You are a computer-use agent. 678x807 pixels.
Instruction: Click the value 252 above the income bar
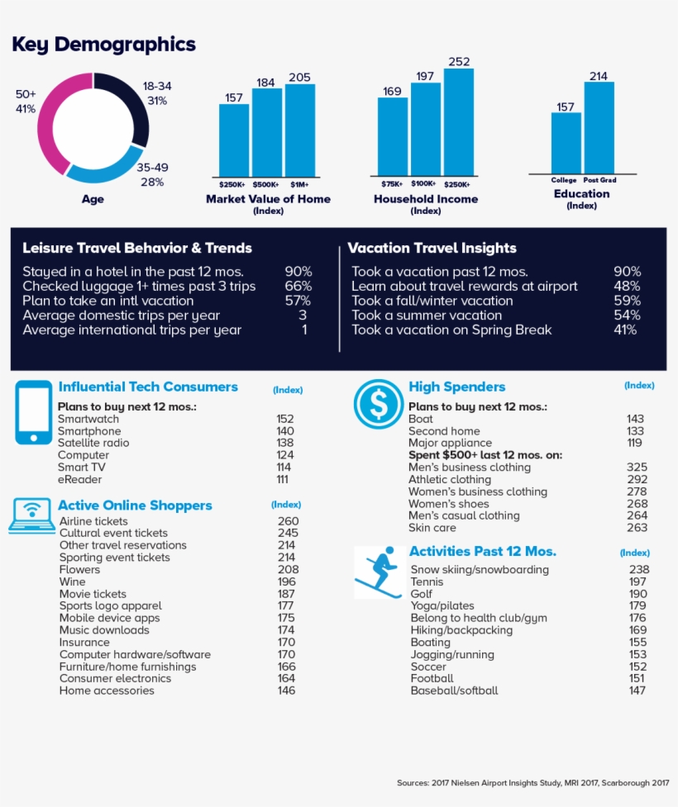[459, 62]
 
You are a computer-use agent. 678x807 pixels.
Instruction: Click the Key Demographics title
[103, 44]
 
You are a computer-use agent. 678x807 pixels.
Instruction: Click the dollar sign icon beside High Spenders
[378, 404]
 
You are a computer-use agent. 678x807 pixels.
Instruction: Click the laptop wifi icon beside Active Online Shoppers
[31, 514]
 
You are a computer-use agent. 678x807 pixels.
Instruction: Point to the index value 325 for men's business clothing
[637, 468]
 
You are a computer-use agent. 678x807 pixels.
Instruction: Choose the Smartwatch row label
[88, 419]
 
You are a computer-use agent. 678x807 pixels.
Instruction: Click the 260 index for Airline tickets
[288, 521]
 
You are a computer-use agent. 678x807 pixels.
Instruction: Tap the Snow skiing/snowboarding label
[480, 570]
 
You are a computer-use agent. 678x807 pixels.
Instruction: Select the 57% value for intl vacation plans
[298, 301]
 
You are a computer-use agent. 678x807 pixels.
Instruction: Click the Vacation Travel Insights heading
[432, 248]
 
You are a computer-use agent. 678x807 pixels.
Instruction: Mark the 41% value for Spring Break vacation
[625, 330]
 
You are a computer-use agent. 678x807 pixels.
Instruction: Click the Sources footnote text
[532, 781]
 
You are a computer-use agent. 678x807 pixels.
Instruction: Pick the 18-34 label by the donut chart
[157, 86]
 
